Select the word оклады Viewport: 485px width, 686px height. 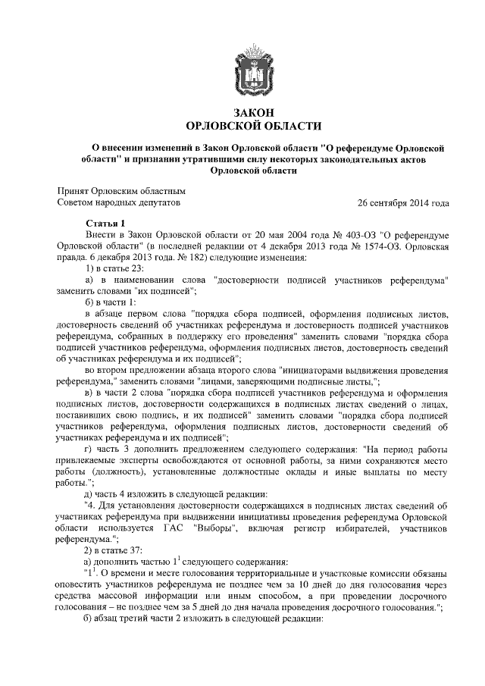pos(296,471)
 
